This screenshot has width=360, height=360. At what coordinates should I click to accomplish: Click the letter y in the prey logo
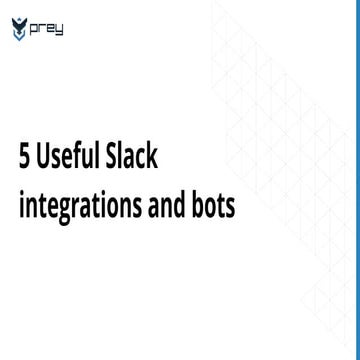(x=62, y=28)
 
